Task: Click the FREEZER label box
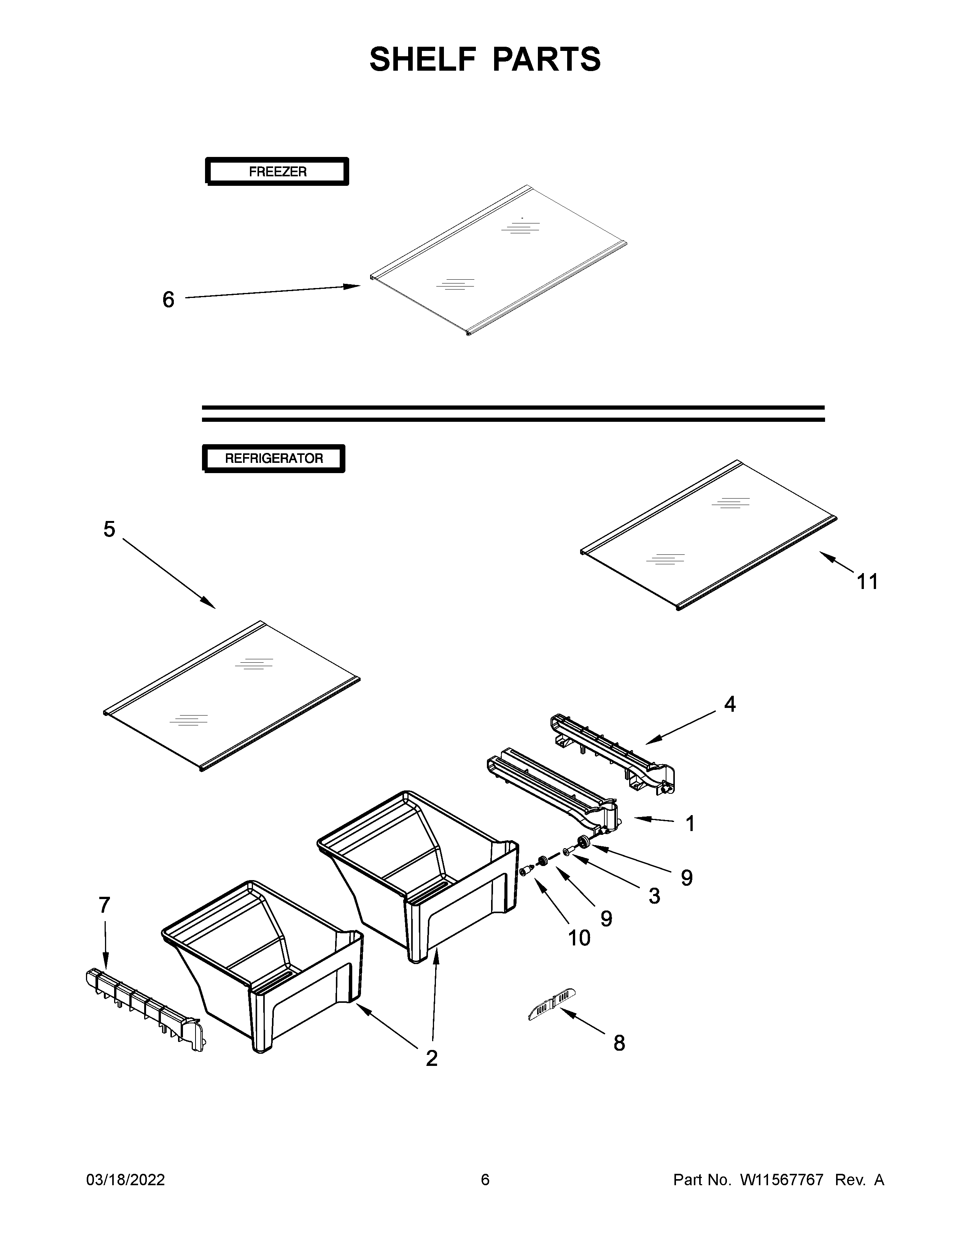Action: point(277,171)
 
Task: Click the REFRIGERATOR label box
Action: point(274,458)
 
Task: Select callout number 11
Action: point(867,582)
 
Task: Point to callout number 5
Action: point(109,529)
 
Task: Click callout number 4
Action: point(729,704)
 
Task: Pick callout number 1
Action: point(690,823)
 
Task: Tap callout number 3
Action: point(654,896)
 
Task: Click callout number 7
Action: point(104,905)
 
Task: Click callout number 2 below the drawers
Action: point(432,1058)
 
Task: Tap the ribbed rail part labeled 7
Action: point(144,1008)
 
